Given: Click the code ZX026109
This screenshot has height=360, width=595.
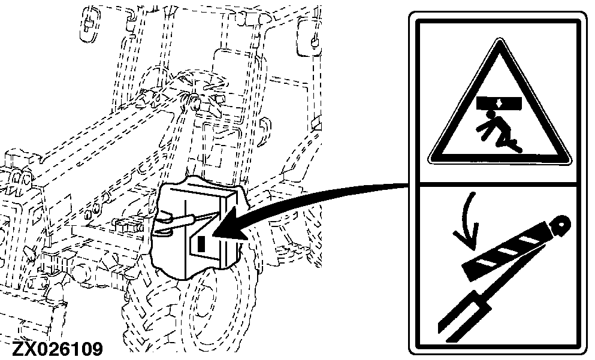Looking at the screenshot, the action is click(58, 349).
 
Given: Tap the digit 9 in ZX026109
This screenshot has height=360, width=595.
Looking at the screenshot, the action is click(97, 349).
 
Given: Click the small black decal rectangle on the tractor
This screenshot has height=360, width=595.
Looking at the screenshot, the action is click(201, 244).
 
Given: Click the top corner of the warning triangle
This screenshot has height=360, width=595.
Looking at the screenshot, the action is click(500, 39).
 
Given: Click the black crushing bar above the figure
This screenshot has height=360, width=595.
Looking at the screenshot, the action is click(500, 102).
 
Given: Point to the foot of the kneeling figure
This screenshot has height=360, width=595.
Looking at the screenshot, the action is click(517, 147).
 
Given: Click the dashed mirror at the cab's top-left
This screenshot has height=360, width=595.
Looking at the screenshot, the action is click(90, 23).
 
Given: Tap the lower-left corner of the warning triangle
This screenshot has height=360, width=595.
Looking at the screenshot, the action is click(431, 161).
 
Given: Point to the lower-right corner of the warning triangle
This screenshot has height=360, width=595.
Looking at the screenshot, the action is click(569, 161).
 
